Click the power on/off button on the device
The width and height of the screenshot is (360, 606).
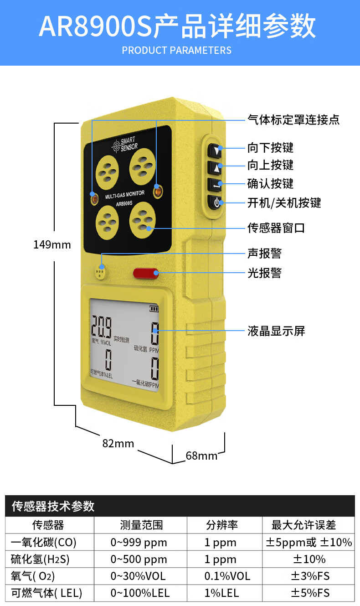pyautogui.click(x=216, y=202)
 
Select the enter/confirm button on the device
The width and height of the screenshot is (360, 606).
pyautogui.click(x=216, y=185)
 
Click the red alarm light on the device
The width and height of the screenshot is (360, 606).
pyautogui.click(x=146, y=273)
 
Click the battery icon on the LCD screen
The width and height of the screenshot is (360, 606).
pyautogui.click(x=154, y=309)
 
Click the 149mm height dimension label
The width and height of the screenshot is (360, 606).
pyautogui.click(x=52, y=244)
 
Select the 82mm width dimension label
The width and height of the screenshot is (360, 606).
pyautogui.click(x=118, y=443)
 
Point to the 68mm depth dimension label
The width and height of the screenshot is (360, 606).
pyautogui.click(x=201, y=456)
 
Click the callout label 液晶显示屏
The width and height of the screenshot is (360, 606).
pyautogui.click(x=276, y=331)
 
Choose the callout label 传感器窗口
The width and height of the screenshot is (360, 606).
pyautogui.click(x=276, y=228)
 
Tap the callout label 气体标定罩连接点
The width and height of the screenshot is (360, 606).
pyautogui.click(x=293, y=119)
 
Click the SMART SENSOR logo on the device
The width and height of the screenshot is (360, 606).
pyautogui.click(x=125, y=144)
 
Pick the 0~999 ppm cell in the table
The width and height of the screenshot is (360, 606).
pyautogui.click(x=139, y=543)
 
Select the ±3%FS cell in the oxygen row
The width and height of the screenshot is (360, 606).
pyautogui.click(x=310, y=576)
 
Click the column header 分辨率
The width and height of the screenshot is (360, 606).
pyautogui.click(x=222, y=525)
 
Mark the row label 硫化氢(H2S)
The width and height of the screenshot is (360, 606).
pyautogui.click(x=40, y=559)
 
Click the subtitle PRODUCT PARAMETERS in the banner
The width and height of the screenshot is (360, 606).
pyautogui.click(x=176, y=50)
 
